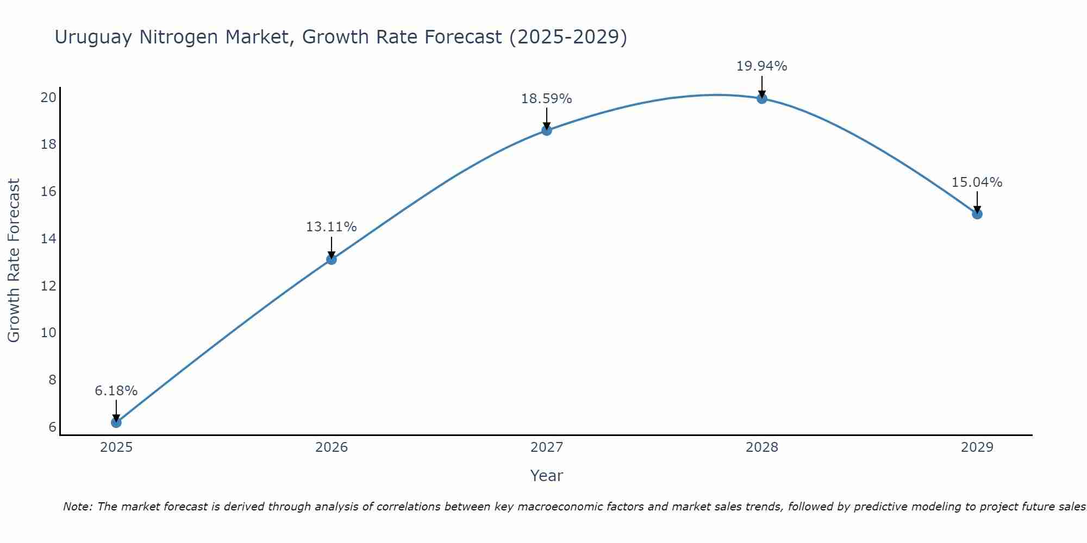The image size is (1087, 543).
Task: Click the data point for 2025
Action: click(x=116, y=422)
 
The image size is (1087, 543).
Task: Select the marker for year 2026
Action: click(x=331, y=259)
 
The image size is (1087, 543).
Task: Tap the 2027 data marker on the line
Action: click(x=546, y=130)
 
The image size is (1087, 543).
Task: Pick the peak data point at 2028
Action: click(x=761, y=98)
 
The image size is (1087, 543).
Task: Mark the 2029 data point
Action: click(x=977, y=214)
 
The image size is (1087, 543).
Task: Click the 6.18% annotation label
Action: click(x=116, y=391)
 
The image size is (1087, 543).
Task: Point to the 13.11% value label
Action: click(x=331, y=227)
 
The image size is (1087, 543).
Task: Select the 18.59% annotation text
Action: click(x=546, y=99)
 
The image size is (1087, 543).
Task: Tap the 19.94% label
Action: click(x=761, y=66)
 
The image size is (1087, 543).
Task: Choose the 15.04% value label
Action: click(x=977, y=182)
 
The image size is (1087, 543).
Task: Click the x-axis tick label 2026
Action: click(x=331, y=447)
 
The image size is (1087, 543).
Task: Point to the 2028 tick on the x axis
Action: click(x=761, y=447)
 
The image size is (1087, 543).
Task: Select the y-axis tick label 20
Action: click(x=49, y=98)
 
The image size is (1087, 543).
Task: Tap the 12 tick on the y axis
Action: click(x=49, y=286)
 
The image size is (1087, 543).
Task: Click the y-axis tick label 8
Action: click(x=52, y=380)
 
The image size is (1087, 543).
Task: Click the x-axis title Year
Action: click(x=546, y=476)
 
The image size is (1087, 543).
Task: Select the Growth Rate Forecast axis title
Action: click(x=14, y=260)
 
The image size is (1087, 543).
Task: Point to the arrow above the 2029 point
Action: click(x=977, y=201)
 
